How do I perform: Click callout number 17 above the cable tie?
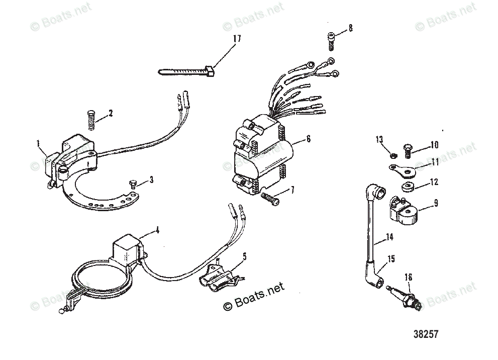click(237, 38)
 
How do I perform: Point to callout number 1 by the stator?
click(39, 144)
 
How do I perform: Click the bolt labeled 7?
click(271, 198)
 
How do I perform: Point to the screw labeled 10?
click(408, 148)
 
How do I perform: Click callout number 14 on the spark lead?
click(389, 236)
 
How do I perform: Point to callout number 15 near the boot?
click(390, 259)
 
